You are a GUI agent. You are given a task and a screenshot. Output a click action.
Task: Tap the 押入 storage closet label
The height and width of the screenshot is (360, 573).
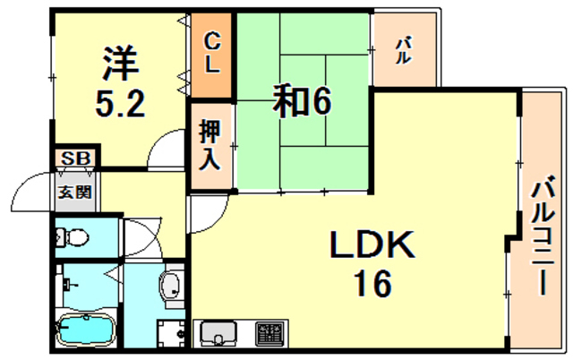[x=210, y=145]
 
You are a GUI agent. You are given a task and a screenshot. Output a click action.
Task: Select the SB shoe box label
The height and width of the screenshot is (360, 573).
[x=75, y=159]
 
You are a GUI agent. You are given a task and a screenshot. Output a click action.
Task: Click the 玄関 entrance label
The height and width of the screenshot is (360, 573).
[x=75, y=192]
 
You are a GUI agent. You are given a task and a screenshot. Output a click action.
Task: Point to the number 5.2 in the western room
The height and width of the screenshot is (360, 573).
[x=120, y=103]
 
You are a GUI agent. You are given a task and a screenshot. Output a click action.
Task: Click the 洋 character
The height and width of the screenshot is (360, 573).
[x=121, y=64]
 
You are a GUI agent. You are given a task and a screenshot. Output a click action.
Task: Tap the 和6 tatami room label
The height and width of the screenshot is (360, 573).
[x=303, y=101]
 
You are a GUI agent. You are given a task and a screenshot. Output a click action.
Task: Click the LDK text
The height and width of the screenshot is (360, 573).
[x=372, y=244]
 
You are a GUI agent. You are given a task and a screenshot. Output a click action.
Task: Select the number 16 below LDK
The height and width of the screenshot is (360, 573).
[x=372, y=284]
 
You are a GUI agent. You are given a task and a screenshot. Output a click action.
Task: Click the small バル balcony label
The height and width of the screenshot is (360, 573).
[x=404, y=50]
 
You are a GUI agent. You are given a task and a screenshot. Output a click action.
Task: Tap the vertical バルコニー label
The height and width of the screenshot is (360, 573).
[x=543, y=235]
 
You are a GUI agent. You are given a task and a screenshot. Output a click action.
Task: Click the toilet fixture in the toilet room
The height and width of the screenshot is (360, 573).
[x=72, y=237]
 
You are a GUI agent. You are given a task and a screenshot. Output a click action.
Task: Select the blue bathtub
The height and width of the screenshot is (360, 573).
[x=86, y=330]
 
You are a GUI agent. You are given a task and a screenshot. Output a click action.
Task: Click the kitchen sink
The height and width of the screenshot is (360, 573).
[x=218, y=333]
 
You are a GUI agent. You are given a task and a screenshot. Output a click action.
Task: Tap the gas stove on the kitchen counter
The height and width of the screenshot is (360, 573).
[x=270, y=333]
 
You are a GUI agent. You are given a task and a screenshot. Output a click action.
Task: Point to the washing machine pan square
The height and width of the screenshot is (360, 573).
[x=171, y=333]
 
